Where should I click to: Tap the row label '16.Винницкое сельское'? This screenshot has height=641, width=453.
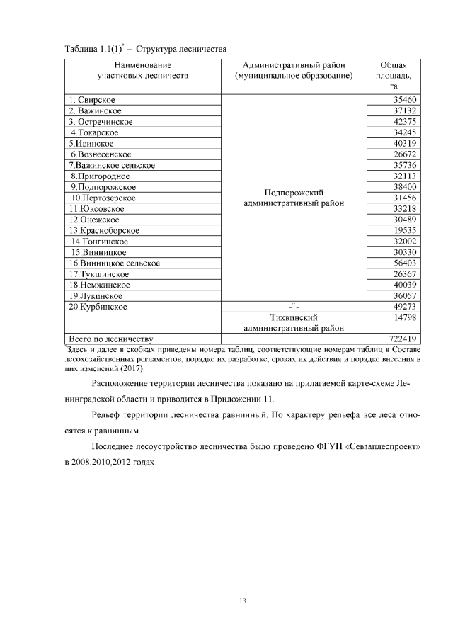(x=114, y=263)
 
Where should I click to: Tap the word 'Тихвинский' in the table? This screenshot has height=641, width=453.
(x=293, y=317)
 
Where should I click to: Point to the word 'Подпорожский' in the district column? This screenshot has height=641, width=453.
(x=293, y=193)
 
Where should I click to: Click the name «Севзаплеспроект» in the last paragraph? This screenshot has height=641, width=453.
(x=383, y=449)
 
